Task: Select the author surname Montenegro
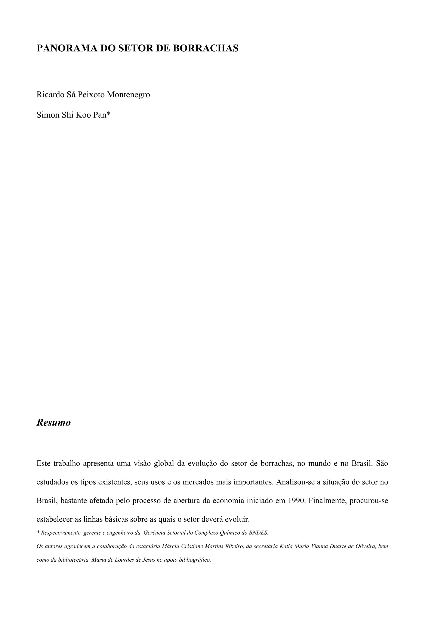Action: click(129, 95)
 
